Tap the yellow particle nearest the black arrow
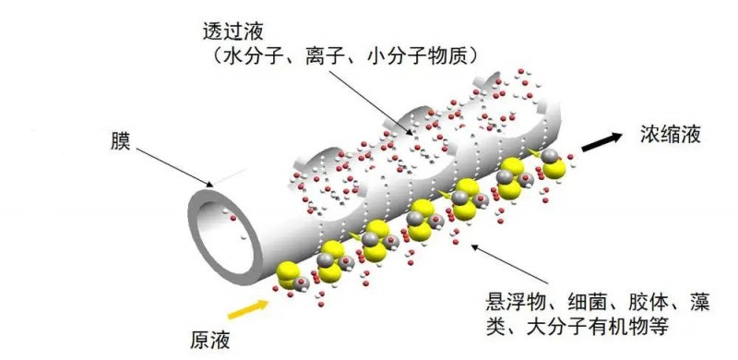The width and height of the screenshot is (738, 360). click(551, 166)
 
